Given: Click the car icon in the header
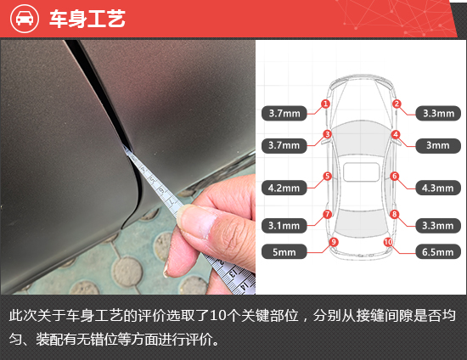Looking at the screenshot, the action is pyautogui.click(x=25, y=19).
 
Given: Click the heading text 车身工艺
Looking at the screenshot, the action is pyautogui.click(x=87, y=19).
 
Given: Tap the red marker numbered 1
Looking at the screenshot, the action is pyautogui.click(x=325, y=104).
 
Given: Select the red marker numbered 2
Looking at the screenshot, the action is pyautogui.click(x=397, y=104).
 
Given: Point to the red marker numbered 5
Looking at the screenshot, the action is pyautogui.click(x=327, y=176).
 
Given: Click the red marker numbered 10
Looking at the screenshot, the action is pyautogui.click(x=388, y=242).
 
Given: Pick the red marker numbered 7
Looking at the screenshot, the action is pyautogui.click(x=327, y=214).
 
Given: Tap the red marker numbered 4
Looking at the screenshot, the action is pyautogui.click(x=396, y=134).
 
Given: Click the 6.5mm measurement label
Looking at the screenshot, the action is pyautogui.click(x=438, y=252).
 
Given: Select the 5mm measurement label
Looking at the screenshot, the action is pyautogui.click(x=284, y=252).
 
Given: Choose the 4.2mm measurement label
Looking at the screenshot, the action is pyautogui.click(x=284, y=188).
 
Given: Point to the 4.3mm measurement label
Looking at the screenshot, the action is pyautogui.click(x=438, y=188).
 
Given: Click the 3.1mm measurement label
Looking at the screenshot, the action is pyautogui.click(x=284, y=225).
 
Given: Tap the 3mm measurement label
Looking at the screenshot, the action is pyautogui.click(x=438, y=145).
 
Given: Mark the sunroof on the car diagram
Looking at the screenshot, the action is pyautogui.click(x=361, y=172).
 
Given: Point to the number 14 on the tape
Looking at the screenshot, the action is pyautogui.click(x=245, y=286).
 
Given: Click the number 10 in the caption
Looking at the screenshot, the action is pyautogui.click(x=217, y=316).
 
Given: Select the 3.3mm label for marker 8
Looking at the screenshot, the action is pyautogui.click(x=438, y=225).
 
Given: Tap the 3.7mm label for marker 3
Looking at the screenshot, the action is pyautogui.click(x=284, y=145).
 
